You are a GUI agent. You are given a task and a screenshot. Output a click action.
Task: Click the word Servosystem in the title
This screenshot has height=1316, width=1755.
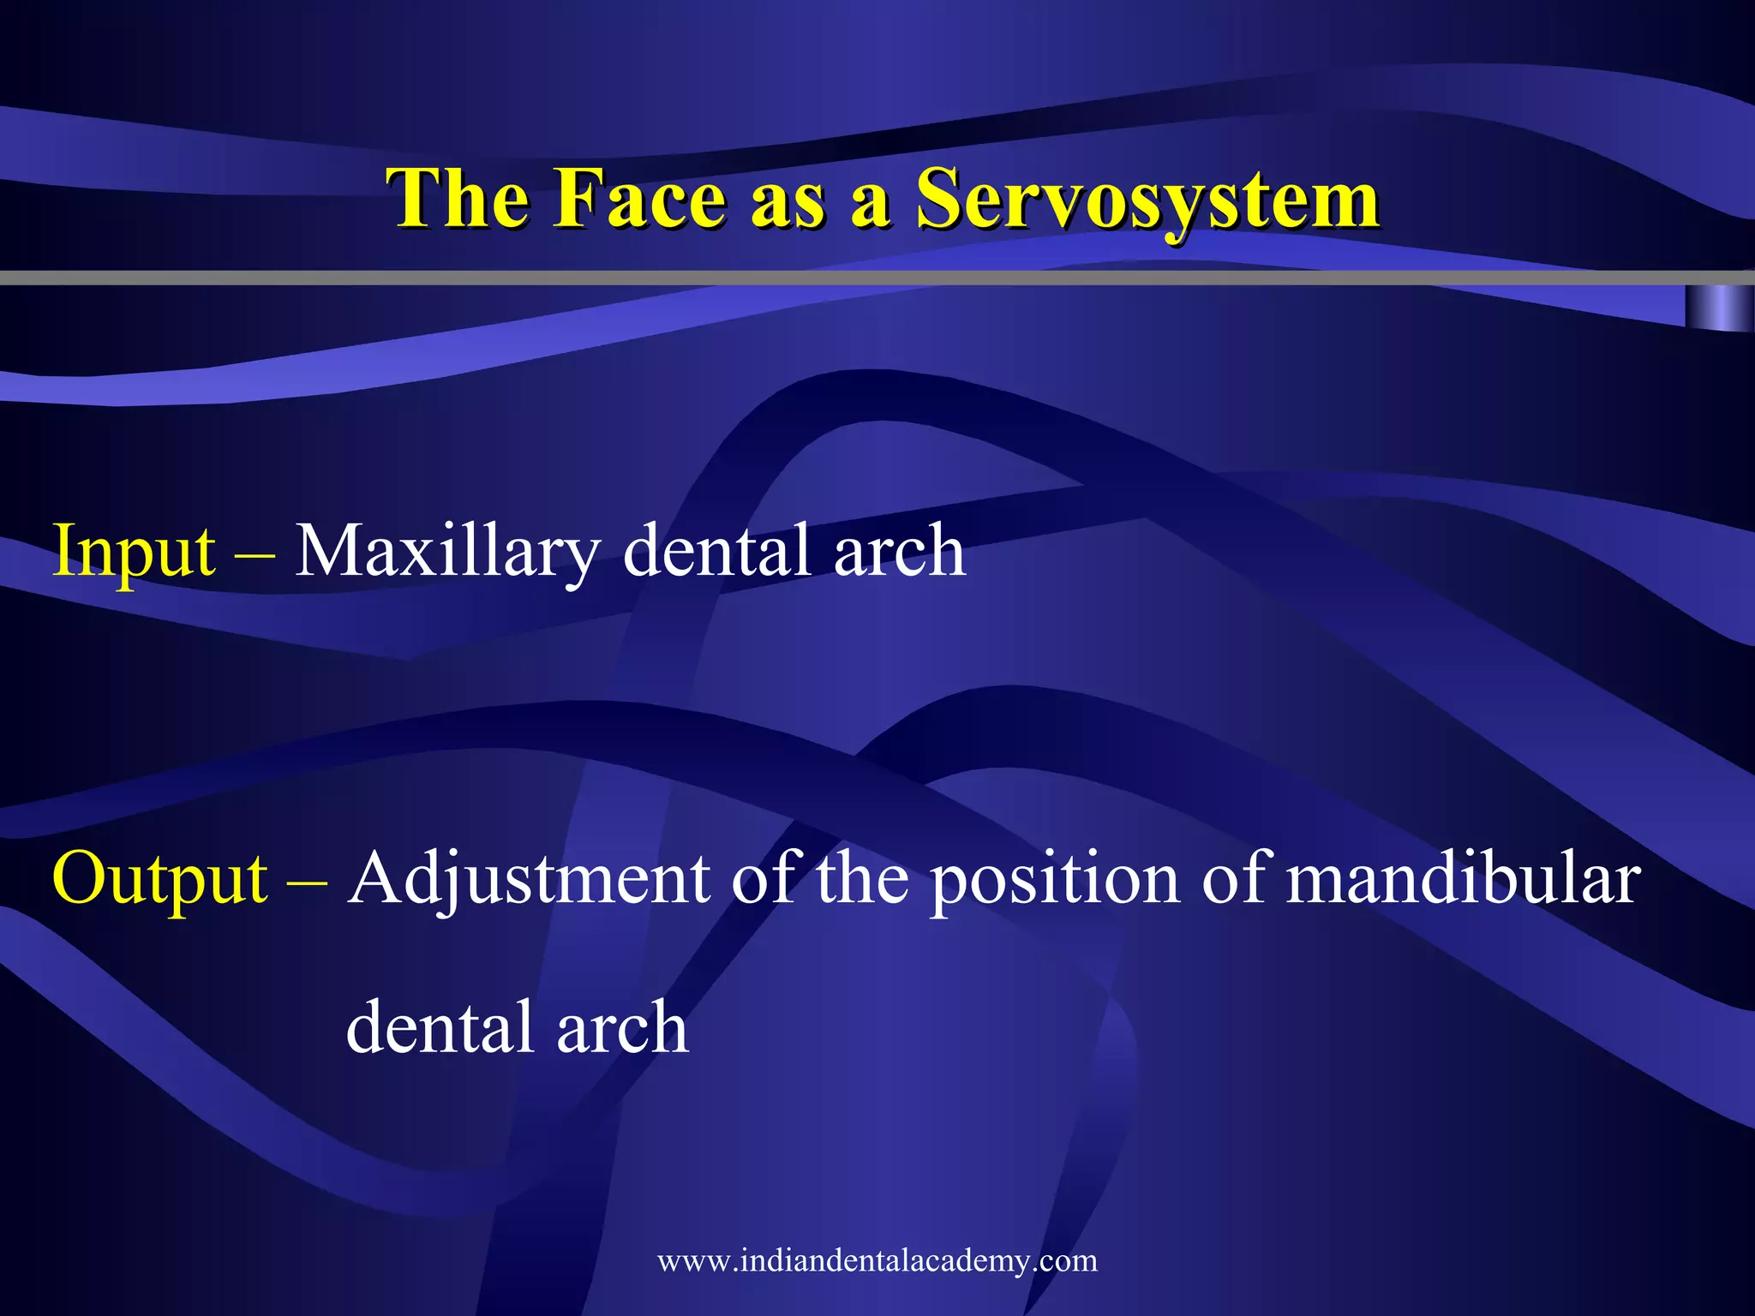(x=1148, y=199)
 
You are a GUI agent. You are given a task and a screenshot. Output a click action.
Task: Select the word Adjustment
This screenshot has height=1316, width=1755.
(x=530, y=881)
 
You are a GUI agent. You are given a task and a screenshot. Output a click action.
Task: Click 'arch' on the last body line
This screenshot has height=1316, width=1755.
(x=622, y=1029)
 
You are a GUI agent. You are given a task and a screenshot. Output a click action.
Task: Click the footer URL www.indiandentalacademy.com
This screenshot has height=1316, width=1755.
(x=877, y=1260)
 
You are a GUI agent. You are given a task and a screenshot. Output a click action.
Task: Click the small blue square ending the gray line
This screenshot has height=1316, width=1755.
(x=1718, y=308)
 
